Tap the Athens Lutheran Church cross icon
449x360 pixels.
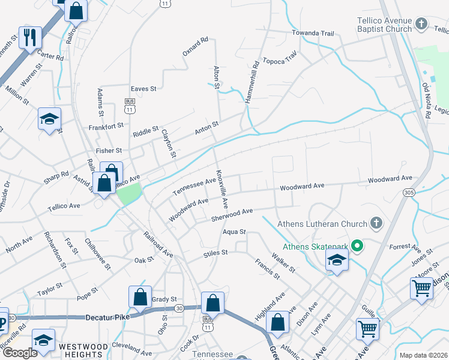click(376, 224)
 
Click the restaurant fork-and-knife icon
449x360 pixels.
click(29, 38)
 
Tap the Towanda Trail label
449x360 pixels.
click(312, 33)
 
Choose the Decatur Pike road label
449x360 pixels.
click(107, 317)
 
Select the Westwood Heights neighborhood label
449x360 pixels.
click(83, 347)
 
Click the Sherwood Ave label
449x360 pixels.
click(232, 215)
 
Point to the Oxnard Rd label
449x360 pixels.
click(195, 47)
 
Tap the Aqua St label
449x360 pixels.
click(234, 232)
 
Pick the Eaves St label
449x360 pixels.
click(143, 89)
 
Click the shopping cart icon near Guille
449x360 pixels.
click(367, 328)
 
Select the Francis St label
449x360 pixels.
click(267, 269)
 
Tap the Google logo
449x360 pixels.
click(20, 353)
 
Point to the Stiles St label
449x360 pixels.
click(215, 253)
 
